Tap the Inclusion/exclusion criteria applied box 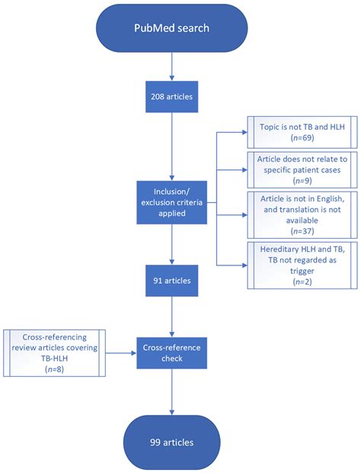[172, 202]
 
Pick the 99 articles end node [172, 441]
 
